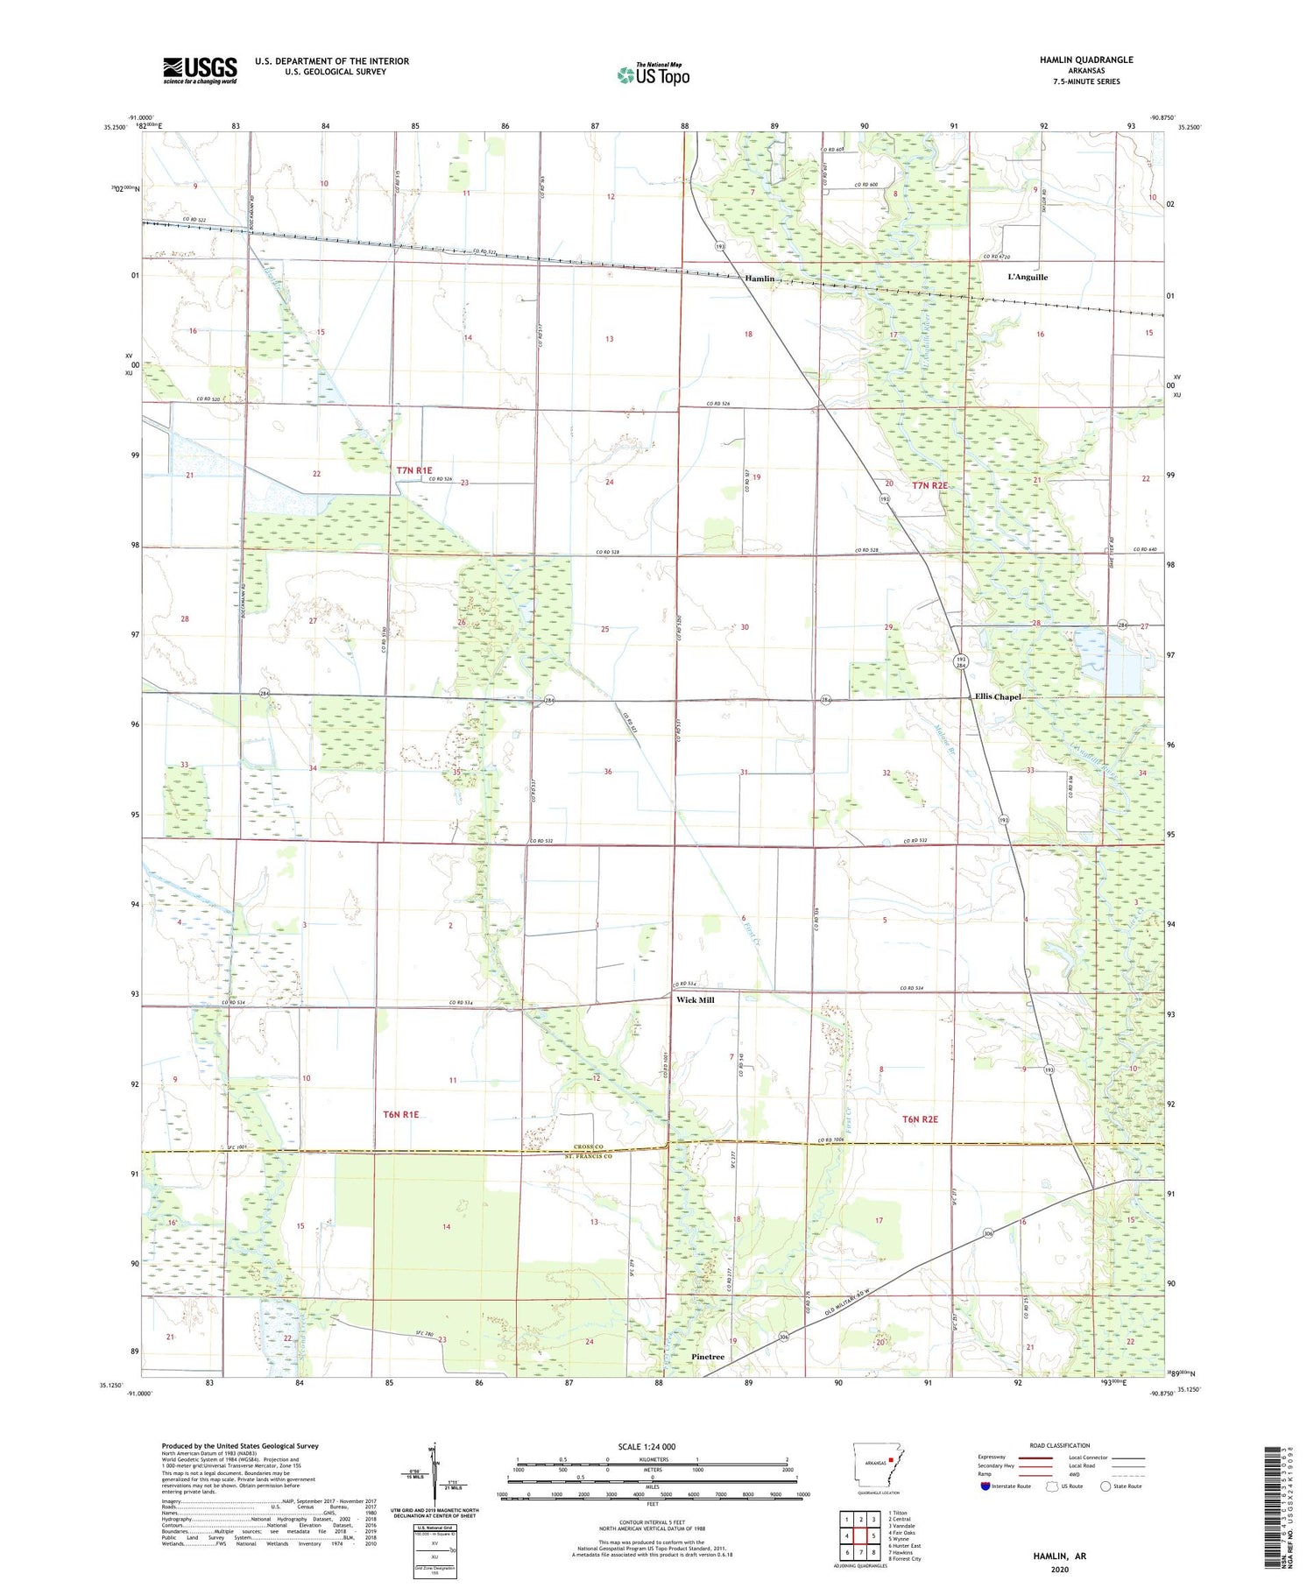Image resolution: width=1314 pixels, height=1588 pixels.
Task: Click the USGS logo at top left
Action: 200,70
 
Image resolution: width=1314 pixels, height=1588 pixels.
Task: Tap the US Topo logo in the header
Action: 653,75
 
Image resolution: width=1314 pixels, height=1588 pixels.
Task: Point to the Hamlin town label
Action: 759,279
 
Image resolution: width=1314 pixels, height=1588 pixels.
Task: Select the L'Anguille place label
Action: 1028,277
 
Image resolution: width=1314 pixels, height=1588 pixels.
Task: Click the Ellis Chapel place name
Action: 998,697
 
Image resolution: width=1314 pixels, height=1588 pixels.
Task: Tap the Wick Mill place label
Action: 696,999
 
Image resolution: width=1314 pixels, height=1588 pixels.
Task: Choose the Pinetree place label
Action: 708,1357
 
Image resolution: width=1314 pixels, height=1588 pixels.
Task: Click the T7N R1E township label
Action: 414,470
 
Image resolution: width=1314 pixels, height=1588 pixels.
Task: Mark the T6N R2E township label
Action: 921,1119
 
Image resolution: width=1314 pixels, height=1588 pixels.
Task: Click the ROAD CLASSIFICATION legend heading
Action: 1060,1445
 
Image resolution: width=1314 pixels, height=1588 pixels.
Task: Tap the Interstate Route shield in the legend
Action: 985,1486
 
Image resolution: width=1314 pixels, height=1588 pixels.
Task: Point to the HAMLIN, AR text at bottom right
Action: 1057,1556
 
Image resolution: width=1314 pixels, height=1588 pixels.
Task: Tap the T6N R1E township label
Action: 401,1115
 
